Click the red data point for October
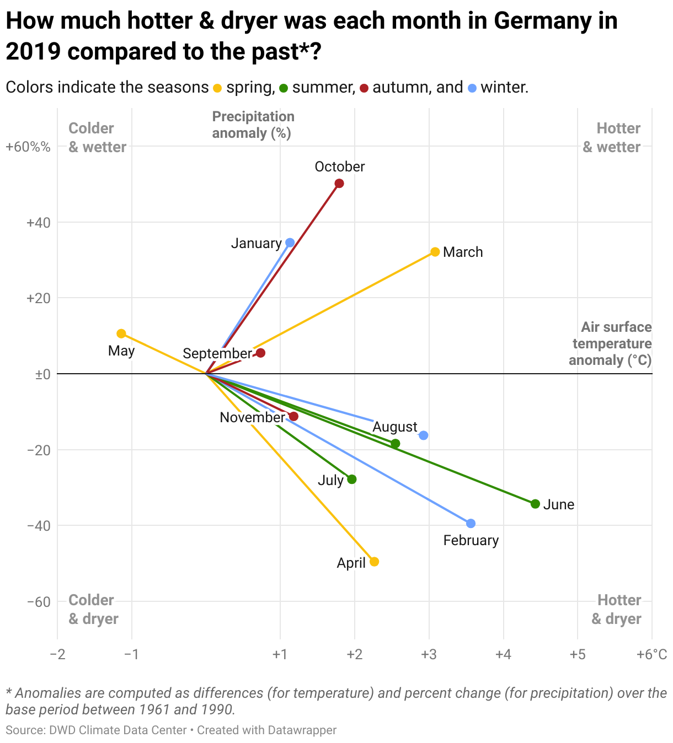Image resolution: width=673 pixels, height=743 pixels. [339, 184]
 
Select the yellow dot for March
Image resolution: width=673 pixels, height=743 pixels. [435, 252]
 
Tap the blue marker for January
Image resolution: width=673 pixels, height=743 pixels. [290, 243]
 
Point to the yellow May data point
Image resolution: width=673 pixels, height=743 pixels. [121, 333]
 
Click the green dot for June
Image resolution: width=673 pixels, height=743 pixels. [535, 504]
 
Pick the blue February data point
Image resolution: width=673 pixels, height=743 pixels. [471, 523]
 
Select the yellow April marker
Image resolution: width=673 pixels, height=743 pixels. [374, 562]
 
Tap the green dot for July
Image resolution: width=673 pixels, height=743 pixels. [352, 479]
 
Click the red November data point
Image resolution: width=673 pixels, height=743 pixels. [293, 416]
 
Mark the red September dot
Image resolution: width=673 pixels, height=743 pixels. [260, 353]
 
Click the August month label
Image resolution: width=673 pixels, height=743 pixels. [395, 427]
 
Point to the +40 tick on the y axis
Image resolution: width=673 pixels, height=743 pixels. [39, 223]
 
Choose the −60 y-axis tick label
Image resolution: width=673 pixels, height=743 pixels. [39, 601]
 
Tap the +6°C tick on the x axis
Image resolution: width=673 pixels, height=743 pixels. [651, 655]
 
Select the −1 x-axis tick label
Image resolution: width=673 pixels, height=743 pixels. [131, 655]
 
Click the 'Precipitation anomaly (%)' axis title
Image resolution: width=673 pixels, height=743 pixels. [253, 125]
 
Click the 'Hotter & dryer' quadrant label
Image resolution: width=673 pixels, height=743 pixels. [616, 609]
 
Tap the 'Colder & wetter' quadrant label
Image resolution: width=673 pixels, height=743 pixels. [97, 138]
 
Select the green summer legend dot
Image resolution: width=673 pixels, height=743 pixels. [284, 88]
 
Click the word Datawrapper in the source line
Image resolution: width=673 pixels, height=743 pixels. [302, 730]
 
